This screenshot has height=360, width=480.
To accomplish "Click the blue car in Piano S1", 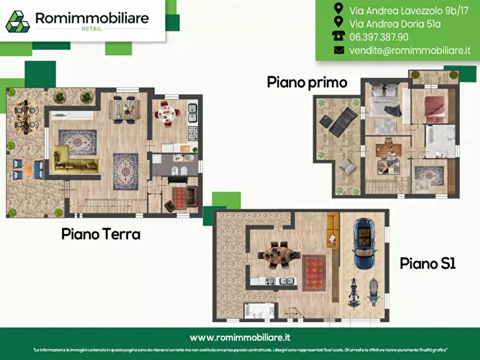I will click(x=364, y=244).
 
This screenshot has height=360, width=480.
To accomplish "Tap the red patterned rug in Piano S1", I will click(x=314, y=272).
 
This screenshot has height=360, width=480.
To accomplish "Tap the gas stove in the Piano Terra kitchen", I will click(x=192, y=132).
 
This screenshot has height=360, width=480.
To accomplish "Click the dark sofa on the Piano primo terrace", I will click(x=342, y=121).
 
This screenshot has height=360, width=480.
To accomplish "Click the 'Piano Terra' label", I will click(x=101, y=234).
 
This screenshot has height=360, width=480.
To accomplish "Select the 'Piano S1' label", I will click(x=427, y=263).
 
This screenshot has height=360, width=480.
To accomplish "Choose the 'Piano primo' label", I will click(x=307, y=82).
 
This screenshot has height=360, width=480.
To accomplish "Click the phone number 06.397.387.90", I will click(x=378, y=37).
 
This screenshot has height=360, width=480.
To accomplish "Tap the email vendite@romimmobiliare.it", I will click(x=410, y=50).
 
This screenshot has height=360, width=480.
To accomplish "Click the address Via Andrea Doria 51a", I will click(x=387, y=23).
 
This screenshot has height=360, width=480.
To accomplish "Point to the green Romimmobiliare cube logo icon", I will click(x=18, y=21).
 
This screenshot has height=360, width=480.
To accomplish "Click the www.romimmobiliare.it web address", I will click(x=240, y=337).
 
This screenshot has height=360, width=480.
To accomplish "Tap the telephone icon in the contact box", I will click(x=339, y=36).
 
